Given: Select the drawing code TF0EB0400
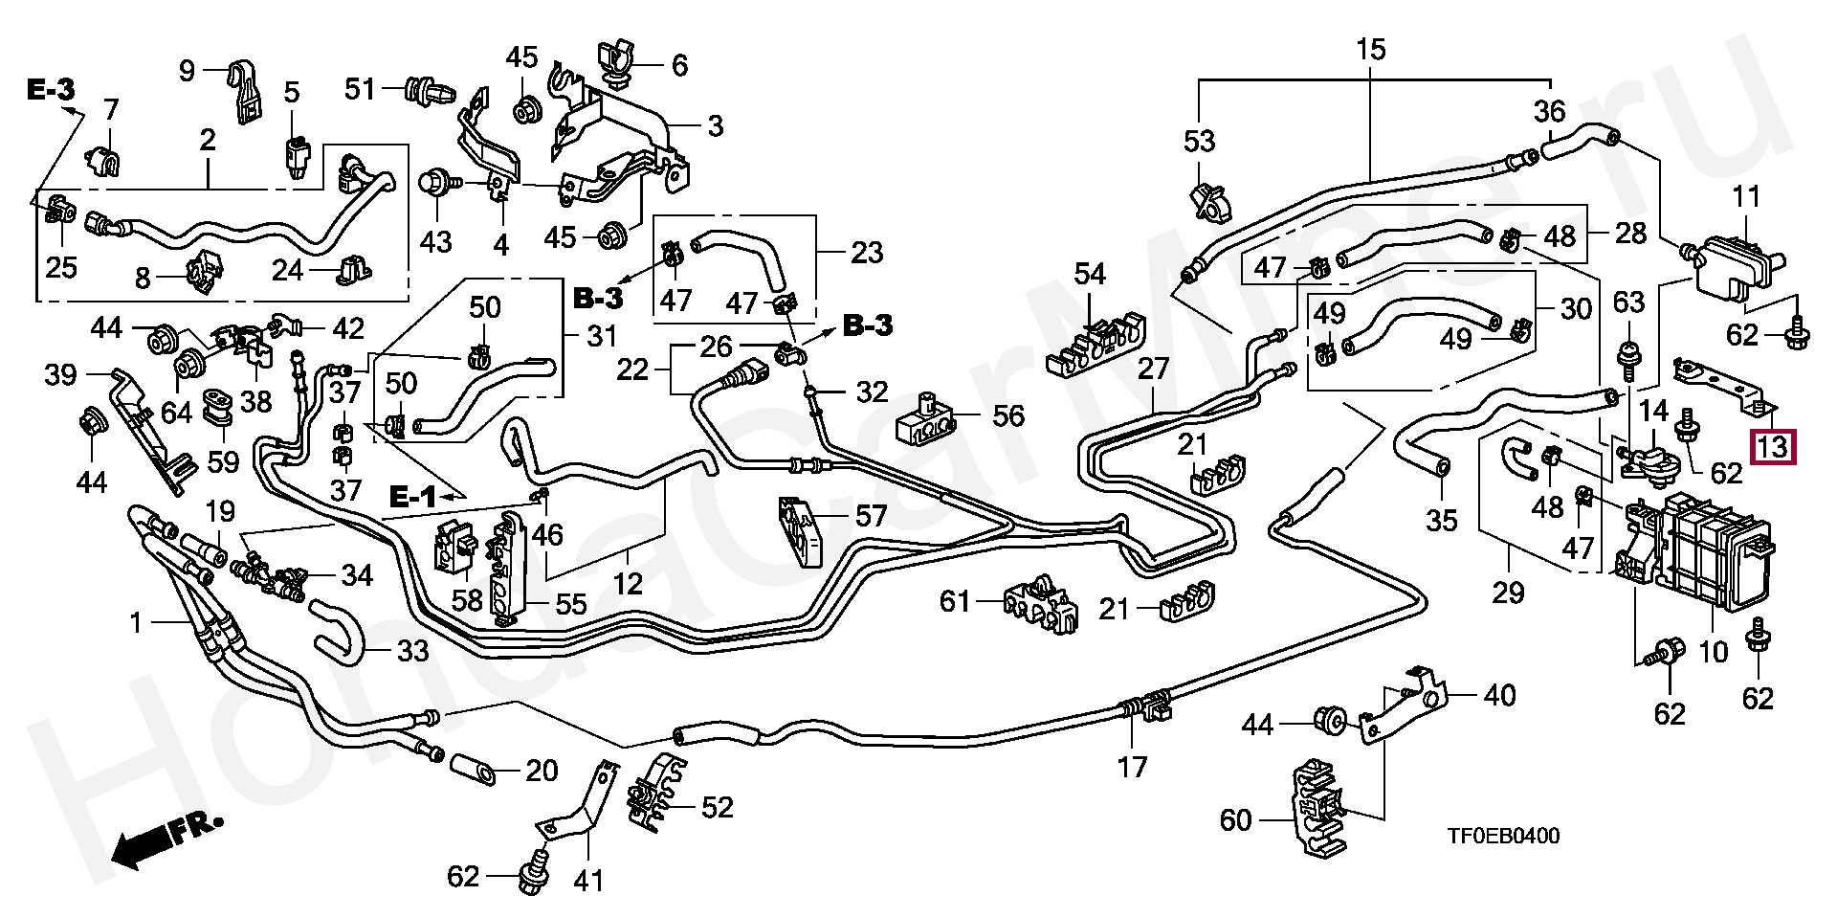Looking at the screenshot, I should click(x=1503, y=837).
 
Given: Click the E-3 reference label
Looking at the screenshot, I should click(x=50, y=90).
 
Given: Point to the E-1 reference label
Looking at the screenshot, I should click(x=412, y=496).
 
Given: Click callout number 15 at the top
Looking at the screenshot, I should click(x=1370, y=50).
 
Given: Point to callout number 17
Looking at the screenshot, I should click(x=1132, y=768).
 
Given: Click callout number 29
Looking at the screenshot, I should click(x=1508, y=593).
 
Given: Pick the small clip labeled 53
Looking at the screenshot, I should click(x=1207, y=203).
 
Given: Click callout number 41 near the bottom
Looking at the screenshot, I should click(x=587, y=879).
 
